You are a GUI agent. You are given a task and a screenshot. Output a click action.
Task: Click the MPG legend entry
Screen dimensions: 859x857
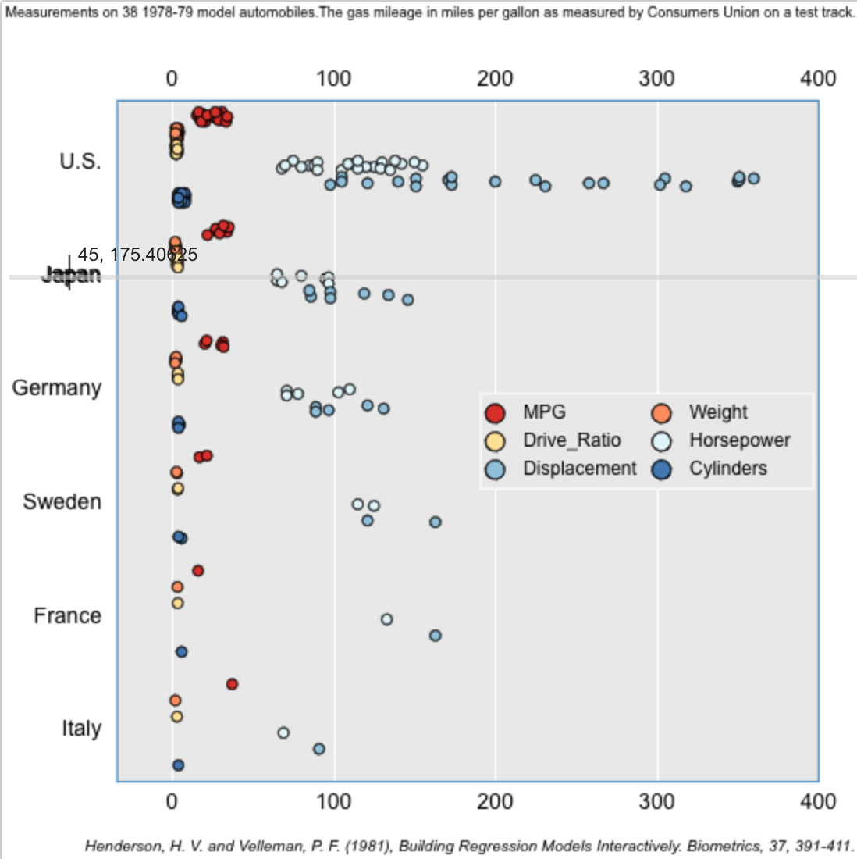tap(544, 412)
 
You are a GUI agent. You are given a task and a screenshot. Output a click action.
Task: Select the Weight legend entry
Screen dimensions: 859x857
tap(718, 412)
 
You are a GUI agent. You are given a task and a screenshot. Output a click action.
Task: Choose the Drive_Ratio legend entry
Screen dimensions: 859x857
tap(571, 440)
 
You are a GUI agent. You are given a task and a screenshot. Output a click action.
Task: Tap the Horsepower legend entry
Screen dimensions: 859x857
tap(739, 440)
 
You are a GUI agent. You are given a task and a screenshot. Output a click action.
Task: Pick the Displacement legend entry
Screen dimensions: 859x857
tap(579, 469)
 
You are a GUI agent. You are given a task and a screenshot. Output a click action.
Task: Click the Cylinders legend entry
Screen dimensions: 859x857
tap(727, 469)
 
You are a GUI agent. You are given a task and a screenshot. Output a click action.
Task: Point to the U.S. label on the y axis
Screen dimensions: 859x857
tap(80, 162)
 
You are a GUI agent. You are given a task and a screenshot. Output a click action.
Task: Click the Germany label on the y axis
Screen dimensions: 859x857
tap(57, 388)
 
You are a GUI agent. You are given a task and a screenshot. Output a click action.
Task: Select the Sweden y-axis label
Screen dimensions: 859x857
tap(62, 501)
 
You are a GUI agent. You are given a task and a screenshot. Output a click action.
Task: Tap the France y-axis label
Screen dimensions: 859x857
tap(68, 616)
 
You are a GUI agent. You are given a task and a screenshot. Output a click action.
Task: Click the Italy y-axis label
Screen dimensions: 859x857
tap(82, 729)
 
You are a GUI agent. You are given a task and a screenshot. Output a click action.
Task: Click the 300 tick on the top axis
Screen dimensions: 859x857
tap(656, 79)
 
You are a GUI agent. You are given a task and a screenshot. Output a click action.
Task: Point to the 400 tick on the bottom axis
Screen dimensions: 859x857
tap(818, 802)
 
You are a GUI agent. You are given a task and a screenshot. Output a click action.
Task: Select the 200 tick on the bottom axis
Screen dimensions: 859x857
tap(495, 802)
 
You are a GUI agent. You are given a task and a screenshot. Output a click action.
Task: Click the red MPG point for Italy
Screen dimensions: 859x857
tap(232, 684)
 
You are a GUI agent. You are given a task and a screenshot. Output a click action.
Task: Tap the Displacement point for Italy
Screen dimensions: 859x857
tap(318, 749)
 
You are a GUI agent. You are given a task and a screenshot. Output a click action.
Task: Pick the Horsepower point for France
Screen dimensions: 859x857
tap(386, 619)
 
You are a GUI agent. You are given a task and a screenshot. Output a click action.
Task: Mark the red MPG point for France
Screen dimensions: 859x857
tap(198, 571)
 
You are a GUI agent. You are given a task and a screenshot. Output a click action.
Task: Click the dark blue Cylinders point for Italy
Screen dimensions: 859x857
tap(178, 765)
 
